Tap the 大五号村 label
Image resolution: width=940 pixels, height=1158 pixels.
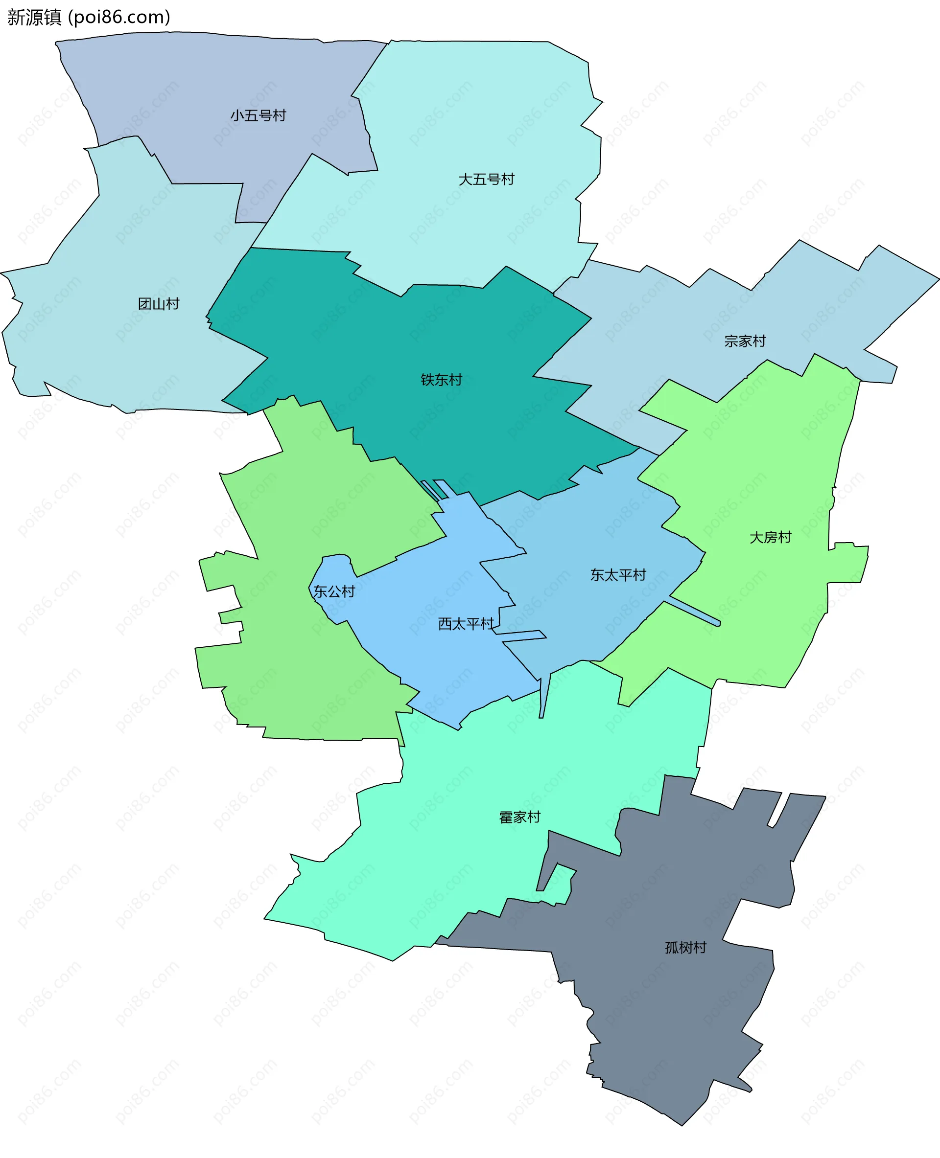tap(486, 180)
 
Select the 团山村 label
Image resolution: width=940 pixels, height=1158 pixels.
tap(158, 304)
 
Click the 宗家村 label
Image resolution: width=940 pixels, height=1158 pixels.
tap(745, 341)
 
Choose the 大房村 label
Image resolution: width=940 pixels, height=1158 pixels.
tap(770, 537)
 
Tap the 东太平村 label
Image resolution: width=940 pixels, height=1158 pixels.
tap(618, 575)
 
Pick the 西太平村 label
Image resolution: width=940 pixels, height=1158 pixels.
tap(466, 624)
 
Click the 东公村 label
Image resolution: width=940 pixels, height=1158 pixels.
tap(334, 592)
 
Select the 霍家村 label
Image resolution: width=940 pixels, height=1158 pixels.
tap(519, 817)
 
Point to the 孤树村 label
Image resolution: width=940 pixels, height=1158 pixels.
tap(685, 948)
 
